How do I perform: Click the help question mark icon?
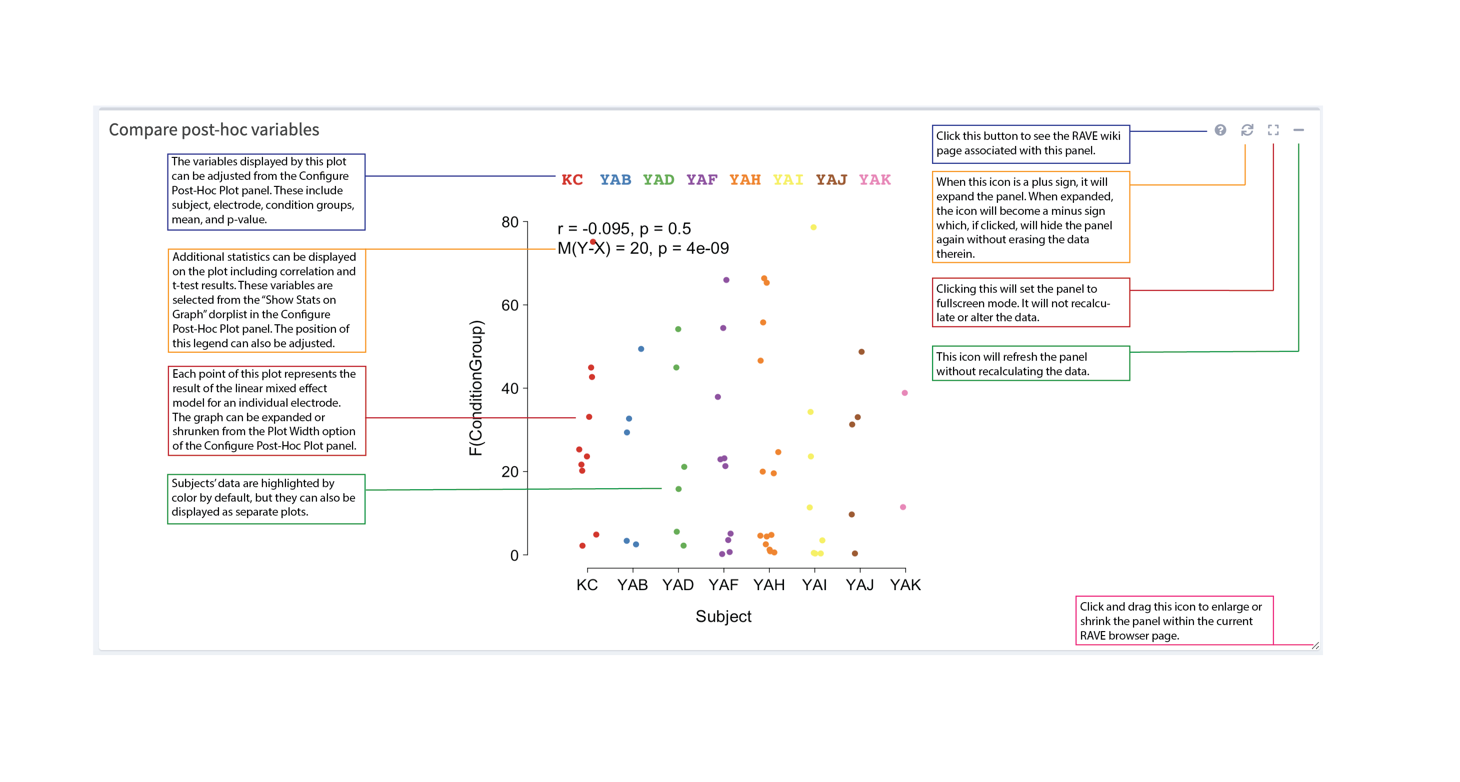(x=1220, y=130)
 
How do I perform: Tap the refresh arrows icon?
(x=1247, y=130)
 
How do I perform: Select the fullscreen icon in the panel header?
(x=1273, y=130)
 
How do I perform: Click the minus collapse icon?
(x=1298, y=130)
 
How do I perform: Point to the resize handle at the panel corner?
(x=1315, y=646)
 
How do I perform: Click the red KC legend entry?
(x=572, y=179)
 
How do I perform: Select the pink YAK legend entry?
(x=874, y=179)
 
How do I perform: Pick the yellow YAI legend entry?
(x=788, y=179)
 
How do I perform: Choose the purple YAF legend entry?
(x=701, y=179)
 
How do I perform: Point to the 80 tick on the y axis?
(x=510, y=222)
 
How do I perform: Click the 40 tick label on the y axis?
(x=510, y=388)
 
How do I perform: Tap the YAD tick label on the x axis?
(x=678, y=585)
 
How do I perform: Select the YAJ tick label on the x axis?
(x=859, y=585)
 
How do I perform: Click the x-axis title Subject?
(x=723, y=616)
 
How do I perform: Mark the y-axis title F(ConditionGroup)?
(x=475, y=388)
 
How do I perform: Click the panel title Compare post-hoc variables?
(x=213, y=130)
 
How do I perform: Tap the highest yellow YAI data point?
(x=813, y=227)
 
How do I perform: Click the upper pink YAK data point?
(x=904, y=393)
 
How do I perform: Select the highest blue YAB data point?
(x=641, y=349)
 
